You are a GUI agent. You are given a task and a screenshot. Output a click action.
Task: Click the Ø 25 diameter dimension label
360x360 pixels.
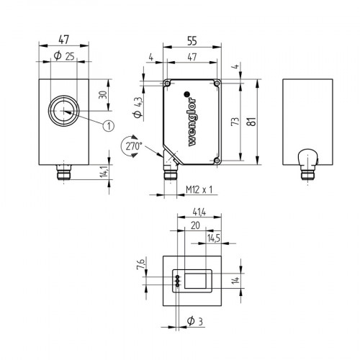pos(63,56)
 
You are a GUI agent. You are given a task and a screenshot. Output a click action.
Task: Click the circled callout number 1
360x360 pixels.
pos(109,126)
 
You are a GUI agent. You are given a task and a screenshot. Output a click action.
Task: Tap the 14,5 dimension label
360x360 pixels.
pos(214,237)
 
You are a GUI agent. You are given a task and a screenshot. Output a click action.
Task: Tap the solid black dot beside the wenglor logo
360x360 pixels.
pos(187,94)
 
